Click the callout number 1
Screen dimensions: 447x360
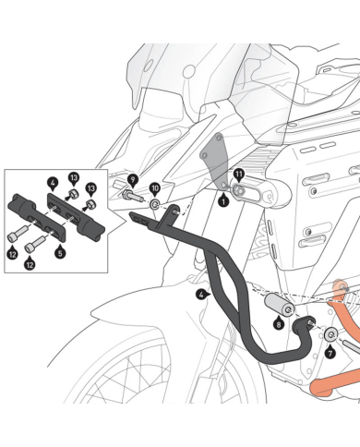[x=222, y=198]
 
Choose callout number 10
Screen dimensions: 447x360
[x=155, y=188]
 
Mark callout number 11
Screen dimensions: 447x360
[x=238, y=174]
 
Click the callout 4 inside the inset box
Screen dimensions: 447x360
[x=53, y=184]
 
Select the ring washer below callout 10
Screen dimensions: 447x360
[x=156, y=204]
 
